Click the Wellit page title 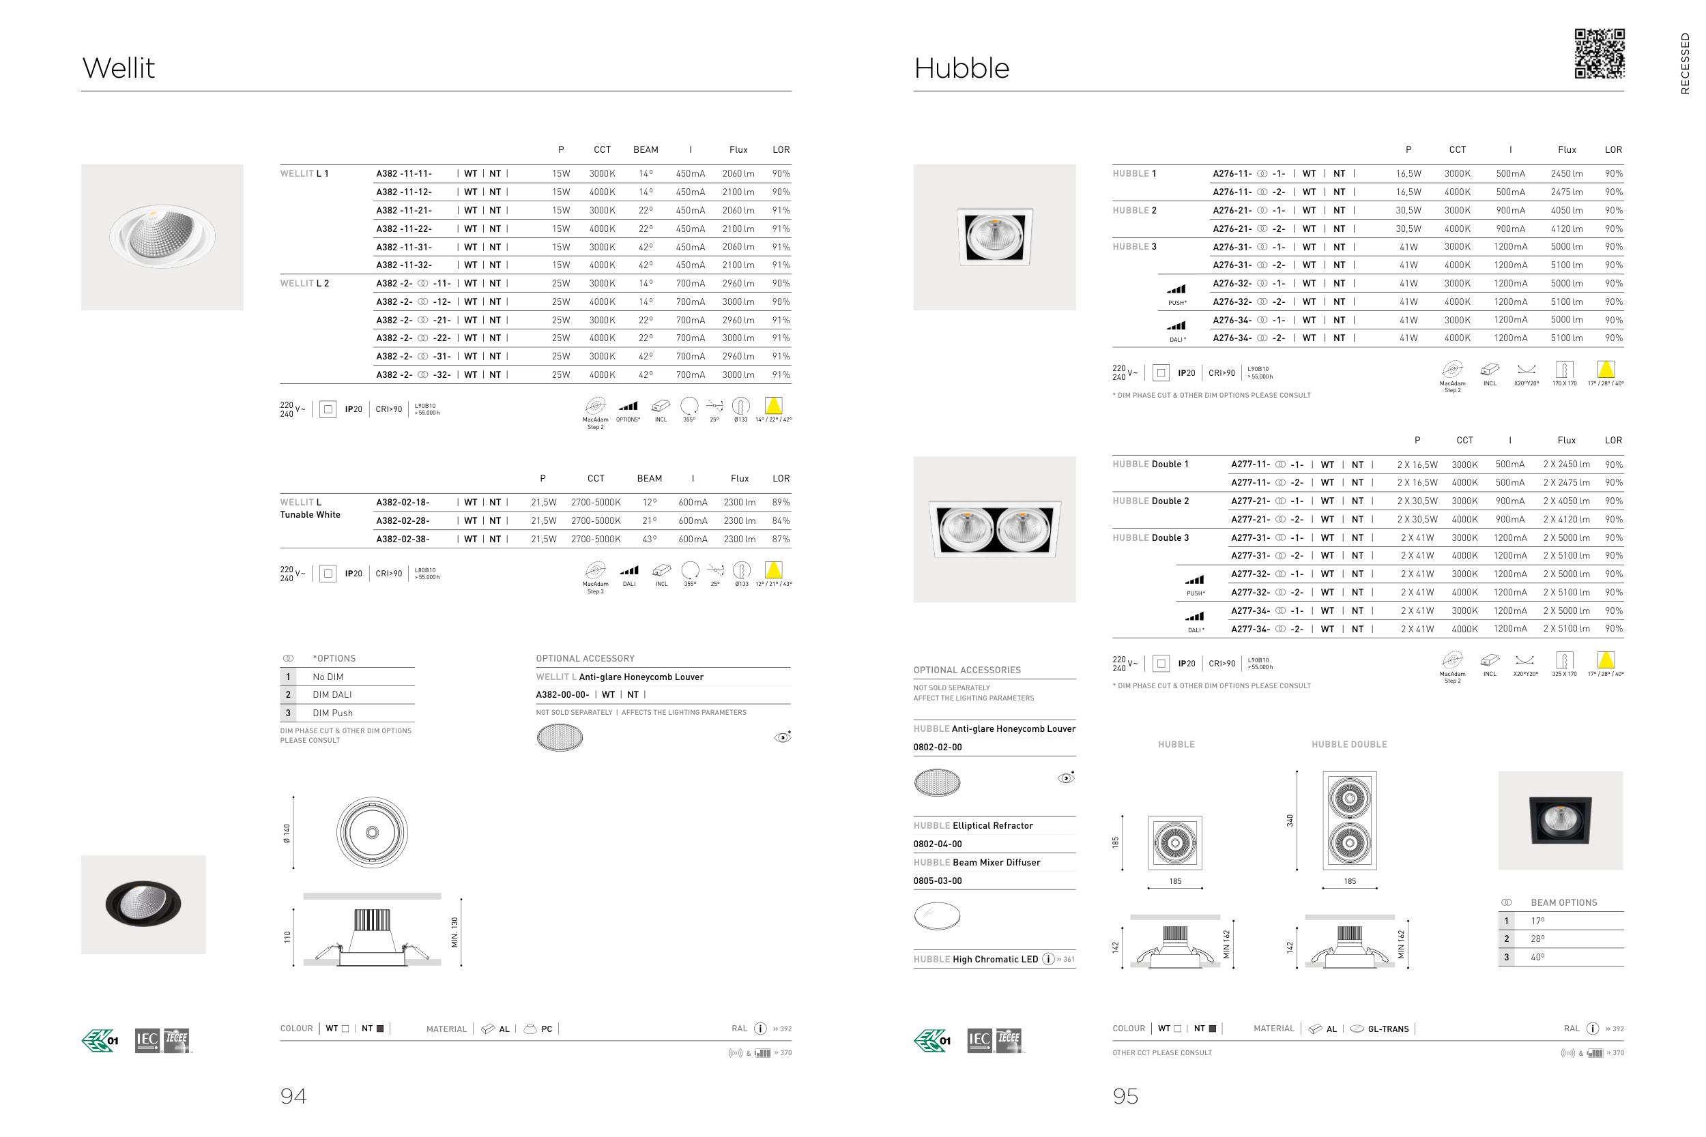[x=118, y=68]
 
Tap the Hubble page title [x=961, y=68]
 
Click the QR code [x=1600, y=54]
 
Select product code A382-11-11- [x=404, y=174]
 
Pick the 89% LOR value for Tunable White [x=781, y=503]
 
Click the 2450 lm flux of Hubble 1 [x=1567, y=174]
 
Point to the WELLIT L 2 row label [x=304, y=284]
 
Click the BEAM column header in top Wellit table [x=646, y=150]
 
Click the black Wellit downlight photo [x=143, y=904]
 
